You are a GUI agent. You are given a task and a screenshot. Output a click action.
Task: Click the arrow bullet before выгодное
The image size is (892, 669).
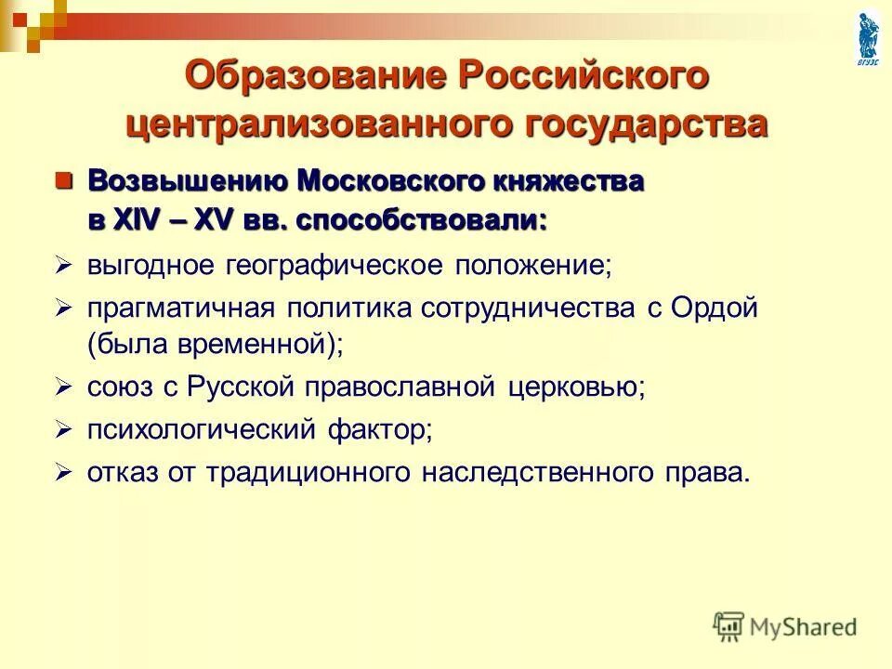[x=63, y=266]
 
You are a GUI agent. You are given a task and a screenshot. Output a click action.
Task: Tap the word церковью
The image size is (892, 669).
[x=576, y=387]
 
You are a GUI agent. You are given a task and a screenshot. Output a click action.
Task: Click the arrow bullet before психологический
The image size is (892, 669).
[x=63, y=429]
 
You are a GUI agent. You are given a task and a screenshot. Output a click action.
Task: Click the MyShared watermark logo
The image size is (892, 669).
[x=785, y=626]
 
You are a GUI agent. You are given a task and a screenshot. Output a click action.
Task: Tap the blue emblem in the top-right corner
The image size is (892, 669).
[x=867, y=37]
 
